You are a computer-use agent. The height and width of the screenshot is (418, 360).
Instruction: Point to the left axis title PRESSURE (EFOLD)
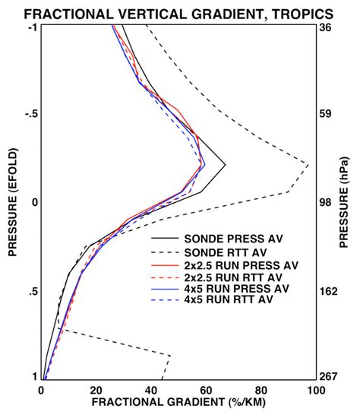(x=12, y=202)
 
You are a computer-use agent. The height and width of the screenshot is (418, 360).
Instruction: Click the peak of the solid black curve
(x=226, y=164)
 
